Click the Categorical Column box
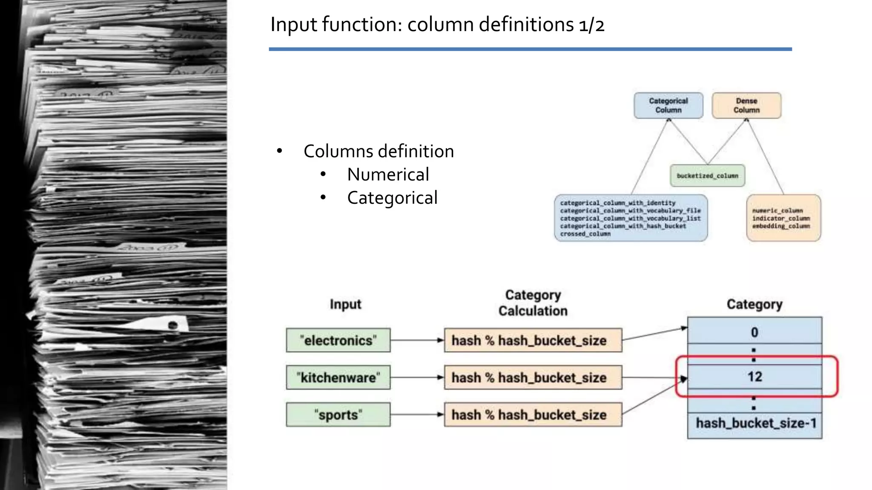668,105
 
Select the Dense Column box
746,105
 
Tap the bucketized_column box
707,176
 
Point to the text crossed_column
585,234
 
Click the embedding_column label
781,226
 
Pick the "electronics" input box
338,340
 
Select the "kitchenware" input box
338,377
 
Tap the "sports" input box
338,414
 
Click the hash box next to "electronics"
533,340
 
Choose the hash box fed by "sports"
533,414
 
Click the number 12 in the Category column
754,376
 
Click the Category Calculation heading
533,303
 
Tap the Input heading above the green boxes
345,305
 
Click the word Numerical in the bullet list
388,174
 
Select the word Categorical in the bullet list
392,198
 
